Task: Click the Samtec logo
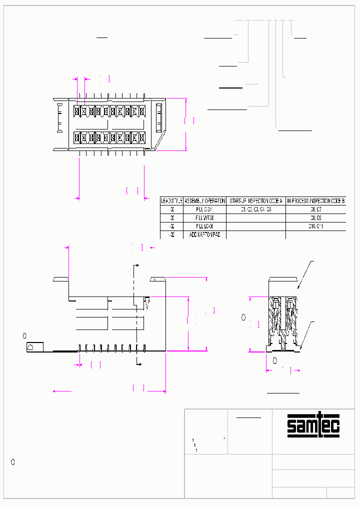(x=313, y=425)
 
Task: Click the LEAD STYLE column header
(x=171, y=200)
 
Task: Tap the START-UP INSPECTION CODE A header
(x=256, y=200)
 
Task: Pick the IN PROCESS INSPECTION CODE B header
(x=315, y=200)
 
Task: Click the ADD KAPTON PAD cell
(x=205, y=234)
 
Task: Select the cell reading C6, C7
(x=315, y=209)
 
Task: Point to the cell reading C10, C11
(x=315, y=226)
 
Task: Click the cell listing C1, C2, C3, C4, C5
(x=256, y=209)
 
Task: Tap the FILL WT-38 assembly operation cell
(x=205, y=218)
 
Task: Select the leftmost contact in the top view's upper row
(x=77, y=110)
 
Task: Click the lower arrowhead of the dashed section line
(x=140, y=363)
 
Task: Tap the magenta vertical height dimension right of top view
(x=186, y=123)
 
